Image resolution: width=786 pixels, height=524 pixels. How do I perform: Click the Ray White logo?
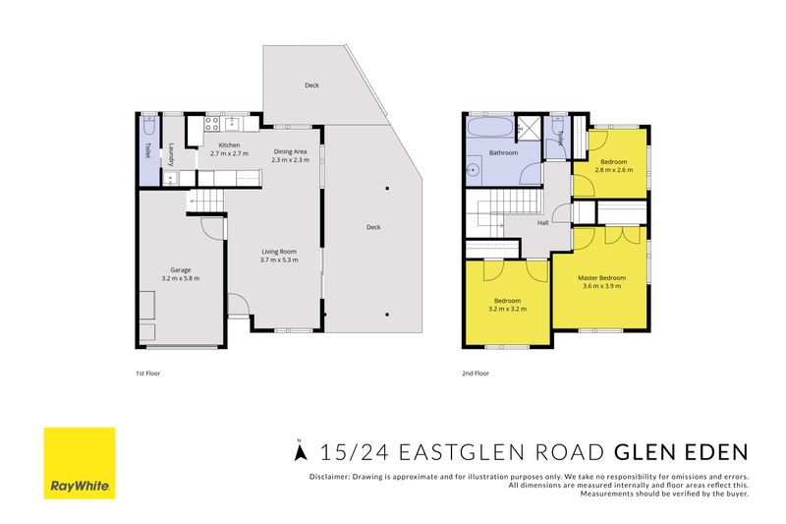click(x=80, y=463)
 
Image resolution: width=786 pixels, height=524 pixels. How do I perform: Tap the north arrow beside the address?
click(x=301, y=450)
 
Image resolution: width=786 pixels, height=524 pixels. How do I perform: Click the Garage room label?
click(x=181, y=269)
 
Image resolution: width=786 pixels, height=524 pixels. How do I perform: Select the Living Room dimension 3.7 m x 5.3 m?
click(x=279, y=260)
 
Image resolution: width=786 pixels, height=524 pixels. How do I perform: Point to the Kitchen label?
click(x=229, y=145)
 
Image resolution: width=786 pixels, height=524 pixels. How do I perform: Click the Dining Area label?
click(x=290, y=151)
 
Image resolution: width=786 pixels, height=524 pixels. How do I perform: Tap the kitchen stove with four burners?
click(x=211, y=123)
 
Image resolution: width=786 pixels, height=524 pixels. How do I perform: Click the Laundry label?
click(x=171, y=155)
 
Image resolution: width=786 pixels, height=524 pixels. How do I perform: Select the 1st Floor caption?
click(x=148, y=373)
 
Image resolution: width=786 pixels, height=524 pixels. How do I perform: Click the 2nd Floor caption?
click(x=476, y=373)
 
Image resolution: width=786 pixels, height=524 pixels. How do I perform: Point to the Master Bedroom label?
click(x=601, y=278)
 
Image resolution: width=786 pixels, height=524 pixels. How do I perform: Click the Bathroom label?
click(x=503, y=152)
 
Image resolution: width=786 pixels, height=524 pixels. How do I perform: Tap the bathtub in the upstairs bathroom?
click(x=489, y=127)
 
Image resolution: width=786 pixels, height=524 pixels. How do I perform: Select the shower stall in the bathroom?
click(x=528, y=129)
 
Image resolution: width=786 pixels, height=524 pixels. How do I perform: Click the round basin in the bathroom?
click(x=473, y=170)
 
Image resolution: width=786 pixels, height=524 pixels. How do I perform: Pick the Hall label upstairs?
click(x=543, y=222)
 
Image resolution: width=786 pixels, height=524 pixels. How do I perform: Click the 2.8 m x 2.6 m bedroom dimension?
click(x=613, y=170)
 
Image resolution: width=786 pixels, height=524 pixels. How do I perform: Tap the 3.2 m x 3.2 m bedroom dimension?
click(x=507, y=309)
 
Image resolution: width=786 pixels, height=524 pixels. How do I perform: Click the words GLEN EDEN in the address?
click(x=681, y=452)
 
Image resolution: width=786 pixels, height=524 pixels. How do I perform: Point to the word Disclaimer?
click(x=329, y=477)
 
